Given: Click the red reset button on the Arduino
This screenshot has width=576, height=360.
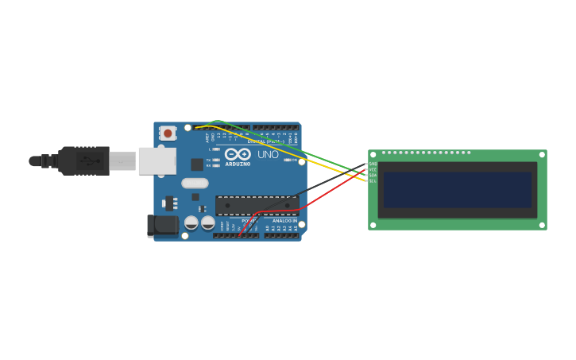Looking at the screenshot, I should (168, 133).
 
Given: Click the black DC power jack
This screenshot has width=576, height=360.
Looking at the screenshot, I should (163, 226).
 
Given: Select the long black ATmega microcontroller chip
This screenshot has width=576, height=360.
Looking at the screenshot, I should (256, 206).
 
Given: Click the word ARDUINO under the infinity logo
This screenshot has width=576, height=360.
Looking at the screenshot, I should (238, 165).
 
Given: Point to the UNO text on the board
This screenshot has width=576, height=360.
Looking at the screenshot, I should (268, 155).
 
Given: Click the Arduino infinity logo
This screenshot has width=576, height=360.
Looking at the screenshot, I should (238, 154).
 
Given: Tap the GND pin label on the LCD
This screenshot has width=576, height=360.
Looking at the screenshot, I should (373, 165).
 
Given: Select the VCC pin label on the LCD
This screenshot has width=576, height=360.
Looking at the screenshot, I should (373, 170).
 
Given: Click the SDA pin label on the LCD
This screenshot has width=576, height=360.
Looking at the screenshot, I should (373, 176).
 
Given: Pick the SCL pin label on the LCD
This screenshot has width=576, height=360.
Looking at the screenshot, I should (373, 181).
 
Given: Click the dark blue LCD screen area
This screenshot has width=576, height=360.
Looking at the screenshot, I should (457, 190).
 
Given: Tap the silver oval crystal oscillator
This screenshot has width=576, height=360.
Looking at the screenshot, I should (195, 184).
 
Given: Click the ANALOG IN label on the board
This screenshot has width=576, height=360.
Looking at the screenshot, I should (284, 221).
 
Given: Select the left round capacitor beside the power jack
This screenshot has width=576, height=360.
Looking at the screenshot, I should (191, 223).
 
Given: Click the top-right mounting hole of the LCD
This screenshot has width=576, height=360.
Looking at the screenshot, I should (542, 155).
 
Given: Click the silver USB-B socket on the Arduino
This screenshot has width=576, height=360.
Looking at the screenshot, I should (157, 161).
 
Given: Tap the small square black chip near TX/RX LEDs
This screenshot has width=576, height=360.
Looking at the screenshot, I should (196, 165).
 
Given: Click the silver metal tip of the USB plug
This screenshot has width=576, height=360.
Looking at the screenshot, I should (123, 161).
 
